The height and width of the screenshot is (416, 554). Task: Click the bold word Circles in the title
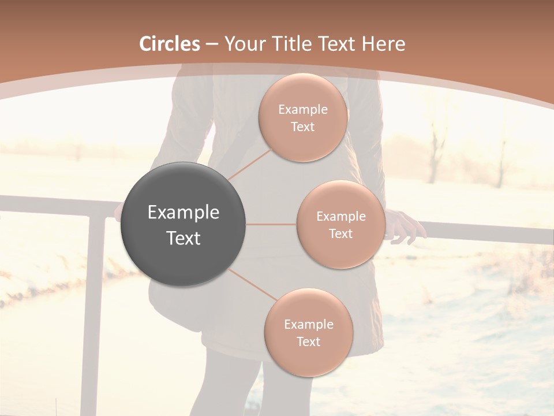coord(170,44)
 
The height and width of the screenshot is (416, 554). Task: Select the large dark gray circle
coord(184,224)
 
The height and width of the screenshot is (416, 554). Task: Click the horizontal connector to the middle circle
coord(271,224)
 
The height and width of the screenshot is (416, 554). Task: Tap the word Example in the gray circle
coord(184,213)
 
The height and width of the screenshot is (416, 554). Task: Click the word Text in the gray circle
coord(184,238)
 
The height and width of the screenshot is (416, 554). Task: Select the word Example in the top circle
coord(303,110)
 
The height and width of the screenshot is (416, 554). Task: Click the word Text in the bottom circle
coord(308,342)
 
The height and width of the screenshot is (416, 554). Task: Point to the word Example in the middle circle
coord(341,217)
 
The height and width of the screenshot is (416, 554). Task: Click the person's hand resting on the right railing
coord(407,226)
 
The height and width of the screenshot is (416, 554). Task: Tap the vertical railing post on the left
coord(93,312)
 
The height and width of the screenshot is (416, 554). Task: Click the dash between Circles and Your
coord(212,44)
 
